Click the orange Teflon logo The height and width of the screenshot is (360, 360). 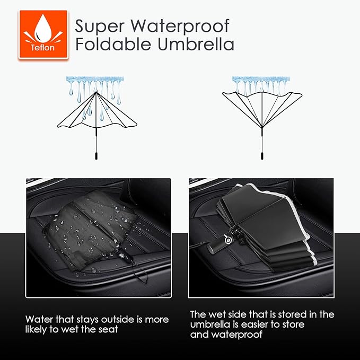click(43, 35)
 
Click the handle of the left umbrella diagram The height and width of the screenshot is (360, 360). click(96, 157)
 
